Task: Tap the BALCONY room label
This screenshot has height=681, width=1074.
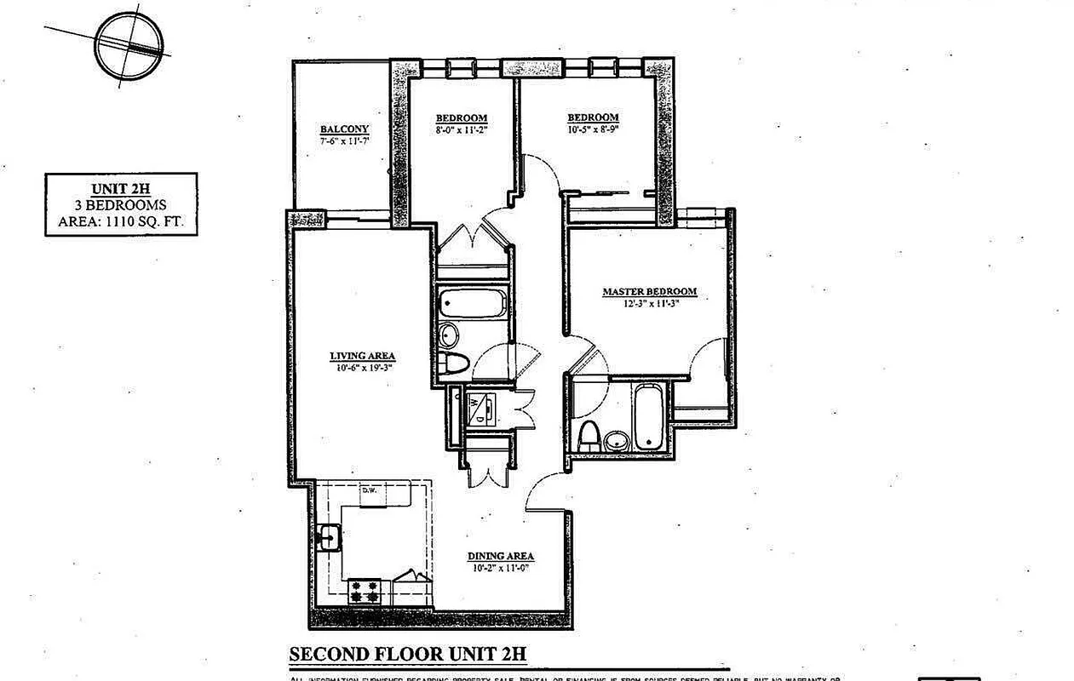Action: click(345, 129)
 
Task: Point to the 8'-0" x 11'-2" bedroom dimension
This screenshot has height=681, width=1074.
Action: click(461, 130)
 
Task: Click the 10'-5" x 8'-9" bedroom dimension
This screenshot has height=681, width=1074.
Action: click(593, 129)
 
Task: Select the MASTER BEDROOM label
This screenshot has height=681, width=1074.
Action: click(649, 291)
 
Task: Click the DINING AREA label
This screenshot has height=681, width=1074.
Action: click(500, 557)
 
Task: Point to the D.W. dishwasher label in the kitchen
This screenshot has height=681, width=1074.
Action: click(369, 490)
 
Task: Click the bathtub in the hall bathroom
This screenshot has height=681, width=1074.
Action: click(473, 302)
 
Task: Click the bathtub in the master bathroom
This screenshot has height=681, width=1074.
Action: click(647, 417)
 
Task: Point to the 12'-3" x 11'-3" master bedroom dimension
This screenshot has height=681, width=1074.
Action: click(649, 303)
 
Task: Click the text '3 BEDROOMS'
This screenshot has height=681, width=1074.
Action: click(122, 205)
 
